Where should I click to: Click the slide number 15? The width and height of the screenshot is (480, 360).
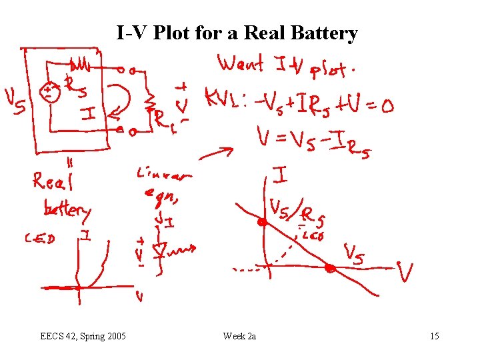[x=434, y=336]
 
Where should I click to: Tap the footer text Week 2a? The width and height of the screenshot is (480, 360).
[x=240, y=336]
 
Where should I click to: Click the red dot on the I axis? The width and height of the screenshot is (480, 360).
[x=263, y=222]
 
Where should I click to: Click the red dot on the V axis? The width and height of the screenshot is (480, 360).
[x=329, y=269]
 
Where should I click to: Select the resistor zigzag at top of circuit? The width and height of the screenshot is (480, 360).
[x=81, y=65]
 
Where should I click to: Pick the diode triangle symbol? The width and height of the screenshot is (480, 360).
[x=159, y=250]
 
